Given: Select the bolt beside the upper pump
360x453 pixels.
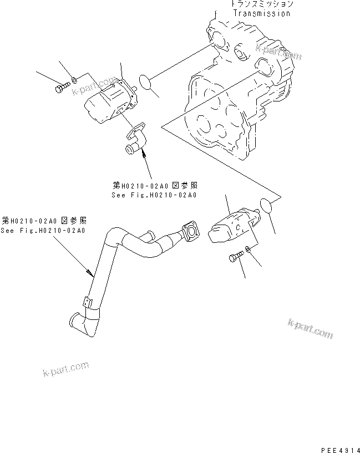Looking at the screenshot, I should tap(60, 88).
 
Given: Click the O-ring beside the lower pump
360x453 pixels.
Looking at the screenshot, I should tap(266, 207).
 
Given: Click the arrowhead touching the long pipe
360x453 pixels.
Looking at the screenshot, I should tap(91, 272).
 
